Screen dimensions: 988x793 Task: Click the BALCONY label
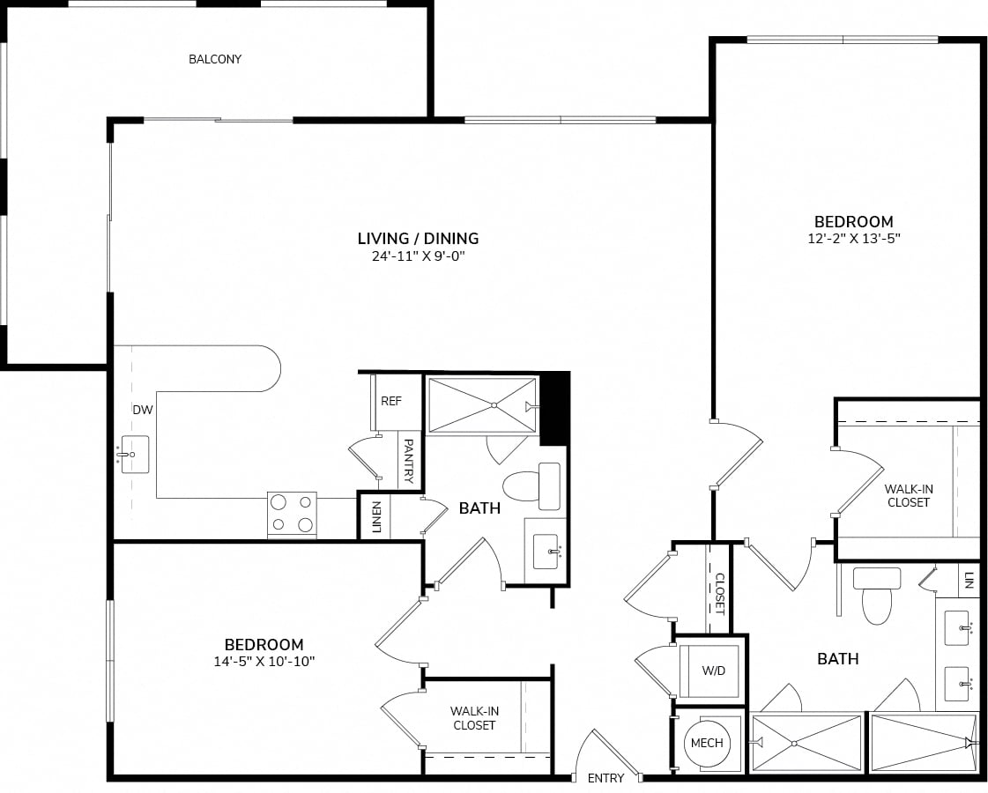point(215,59)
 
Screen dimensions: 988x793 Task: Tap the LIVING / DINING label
point(418,238)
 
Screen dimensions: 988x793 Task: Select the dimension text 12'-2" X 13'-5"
point(854,239)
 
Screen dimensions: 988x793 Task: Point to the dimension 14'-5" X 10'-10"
point(264,662)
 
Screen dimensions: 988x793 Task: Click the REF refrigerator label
point(391,401)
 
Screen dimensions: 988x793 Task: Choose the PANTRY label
point(408,461)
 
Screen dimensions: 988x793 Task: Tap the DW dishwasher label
point(143,410)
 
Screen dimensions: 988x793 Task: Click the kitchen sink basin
point(135,454)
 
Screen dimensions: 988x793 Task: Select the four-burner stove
point(292,515)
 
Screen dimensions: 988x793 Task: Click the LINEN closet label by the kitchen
point(376,517)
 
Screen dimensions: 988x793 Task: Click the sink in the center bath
point(546,552)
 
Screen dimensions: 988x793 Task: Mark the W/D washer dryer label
point(714,671)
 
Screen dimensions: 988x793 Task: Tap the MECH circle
point(707,744)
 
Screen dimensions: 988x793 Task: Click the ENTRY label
point(605,779)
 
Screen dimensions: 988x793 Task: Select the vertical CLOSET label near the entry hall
point(720,594)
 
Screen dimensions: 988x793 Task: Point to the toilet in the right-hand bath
point(876,596)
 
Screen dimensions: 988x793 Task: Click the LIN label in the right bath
point(969,580)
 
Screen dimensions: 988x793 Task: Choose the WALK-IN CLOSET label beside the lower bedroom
point(474,718)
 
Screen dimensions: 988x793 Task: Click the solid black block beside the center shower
point(554,409)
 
